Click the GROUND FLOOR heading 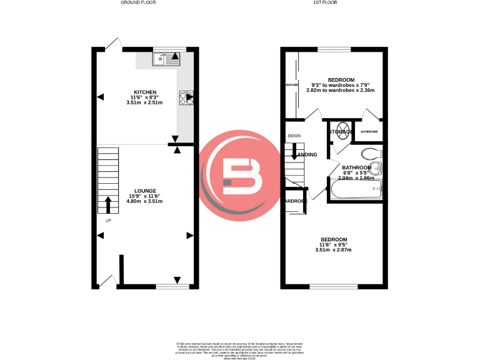pos(138,2)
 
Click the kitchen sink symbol pos(166,59)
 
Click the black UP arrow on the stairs pos(108,204)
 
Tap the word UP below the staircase pos(108,221)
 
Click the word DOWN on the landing pos(294,136)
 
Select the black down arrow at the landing pos(294,151)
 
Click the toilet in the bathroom pos(373,153)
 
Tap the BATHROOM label pos(356,167)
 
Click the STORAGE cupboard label pos(341,132)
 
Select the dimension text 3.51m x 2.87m pos(333,250)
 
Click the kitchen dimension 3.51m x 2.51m pos(144,102)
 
